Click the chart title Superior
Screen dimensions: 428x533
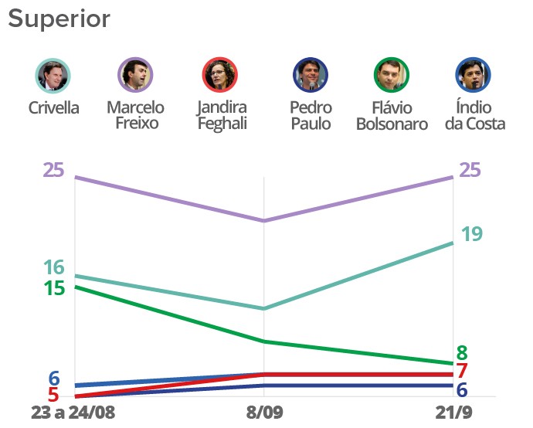pyautogui.click(x=59, y=19)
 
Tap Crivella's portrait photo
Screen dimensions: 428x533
pyautogui.click(x=53, y=76)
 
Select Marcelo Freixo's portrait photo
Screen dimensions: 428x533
pyautogui.click(x=135, y=76)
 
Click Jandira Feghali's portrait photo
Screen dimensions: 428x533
pyautogui.click(x=219, y=76)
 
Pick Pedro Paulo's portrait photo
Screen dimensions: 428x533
pyautogui.click(x=311, y=76)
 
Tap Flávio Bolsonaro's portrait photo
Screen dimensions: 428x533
pyautogui.click(x=392, y=76)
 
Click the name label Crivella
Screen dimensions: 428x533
pyautogui.click(x=53, y=108)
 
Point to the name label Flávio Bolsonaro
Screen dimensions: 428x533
pyautogui.click(x=392, y=116)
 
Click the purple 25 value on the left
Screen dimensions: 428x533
pyautogui.click(x=53, y=170)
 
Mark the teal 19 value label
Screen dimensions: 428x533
pyautogui.click(x=472, y=233)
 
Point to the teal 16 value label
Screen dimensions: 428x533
pyautogui.click(x=53, y=268)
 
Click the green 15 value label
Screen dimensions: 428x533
pyautogui.click(x=53, y=288)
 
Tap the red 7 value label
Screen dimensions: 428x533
pyautogui.click(x=462, y=372)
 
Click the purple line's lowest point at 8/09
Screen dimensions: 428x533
pyautogui.click(x=264, y=221)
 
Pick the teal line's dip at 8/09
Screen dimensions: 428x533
pyautogui.click(x=264, y=308)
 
